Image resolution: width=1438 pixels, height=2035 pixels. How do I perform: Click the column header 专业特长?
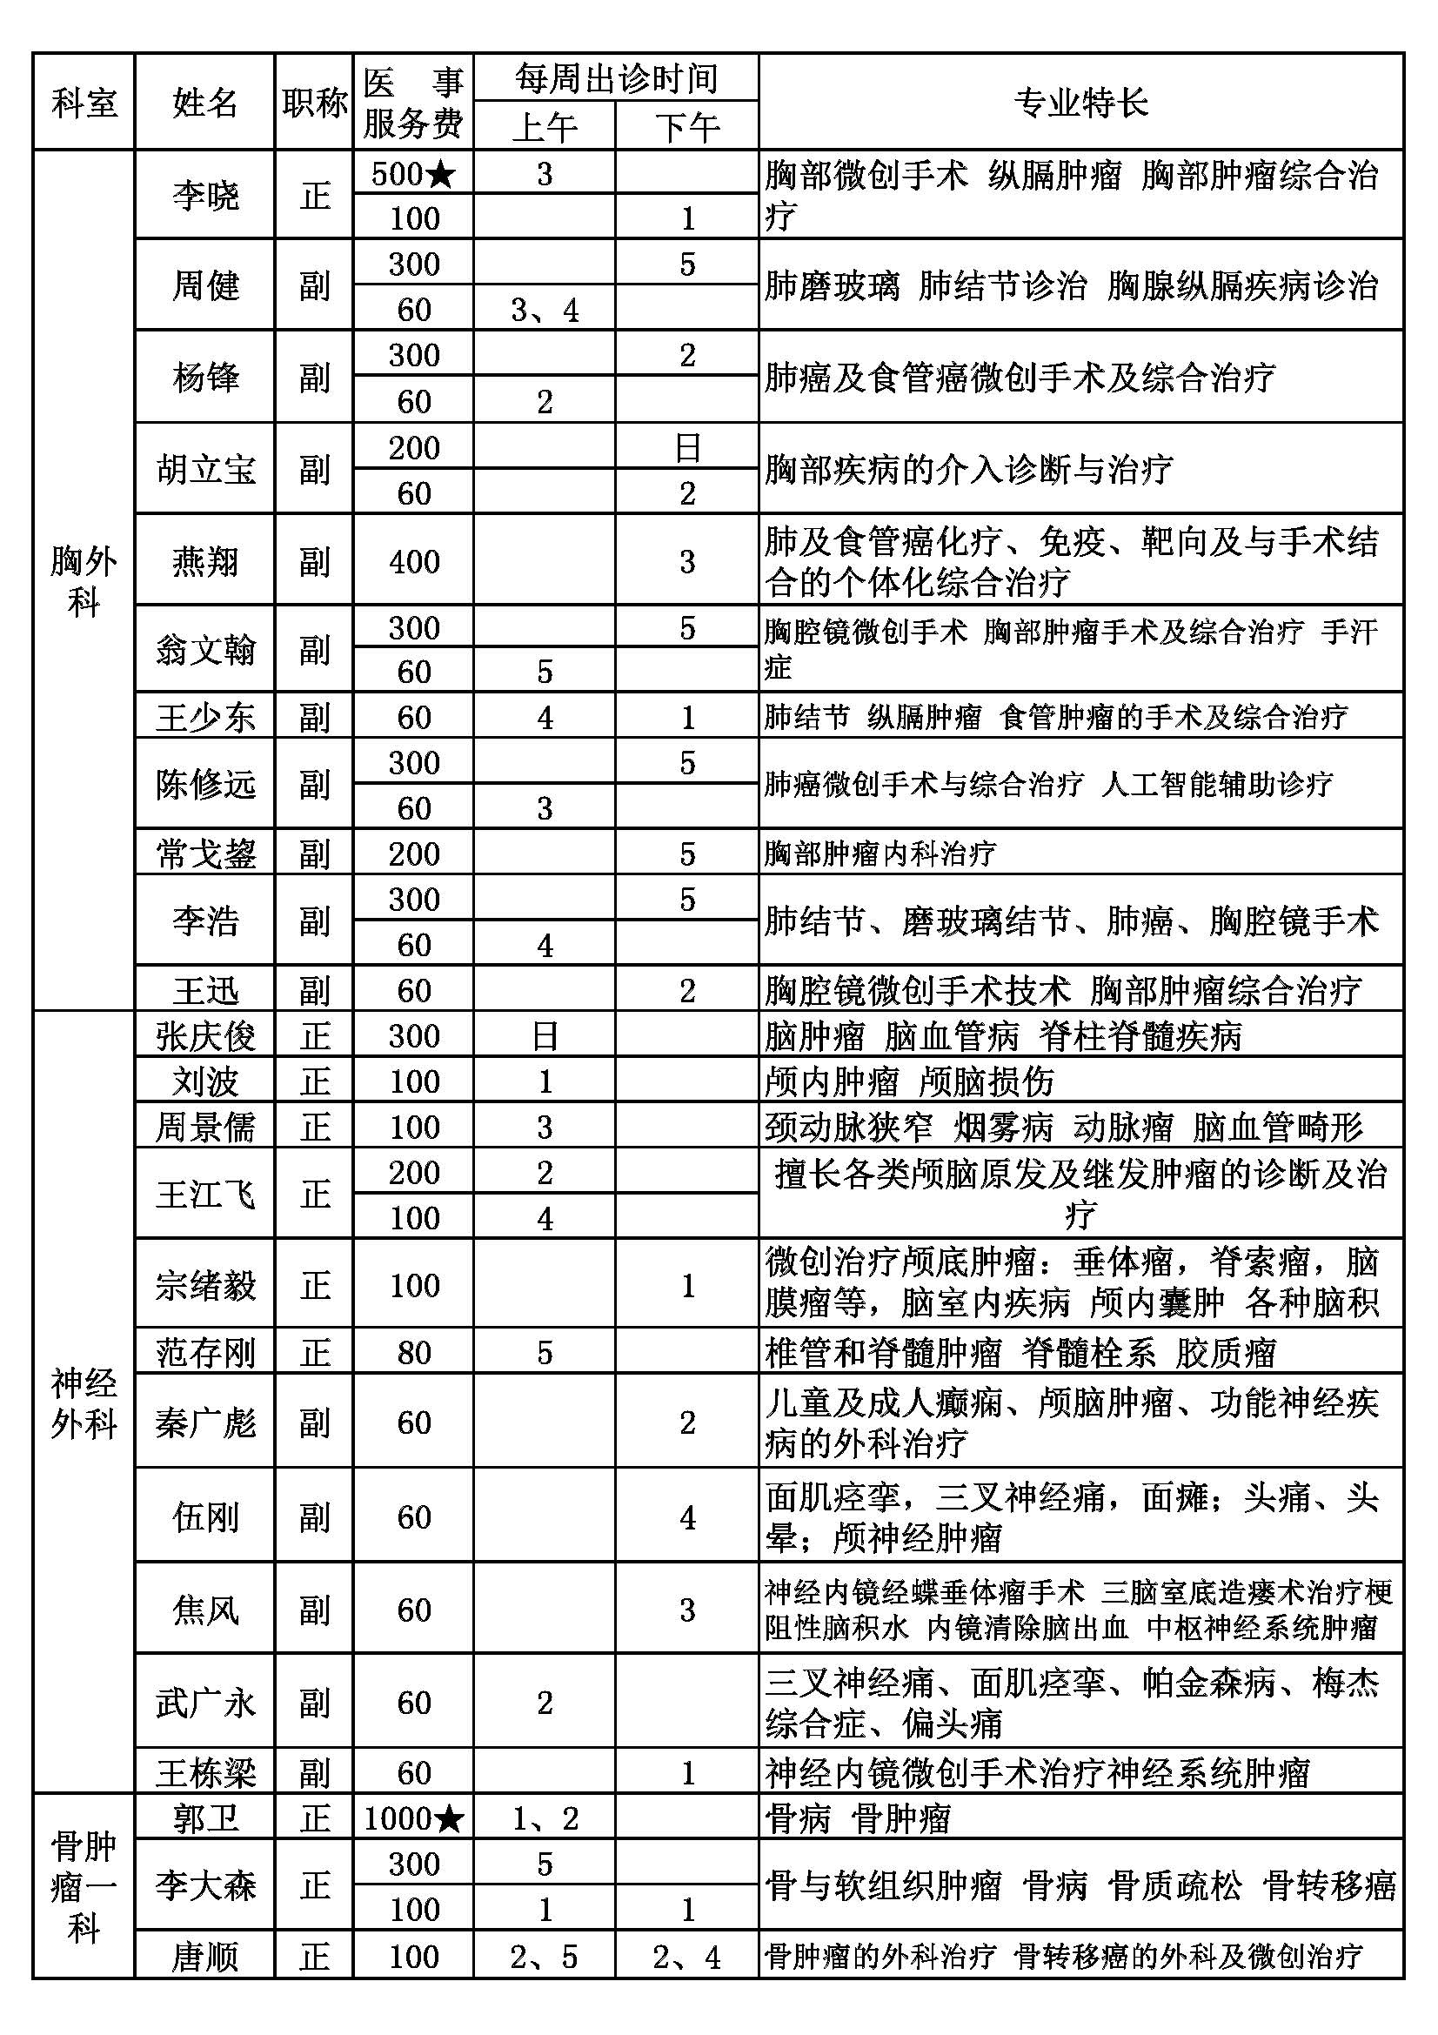[x=1080, y=103]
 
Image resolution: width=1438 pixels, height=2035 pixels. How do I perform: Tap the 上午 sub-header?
[x=544, y=127]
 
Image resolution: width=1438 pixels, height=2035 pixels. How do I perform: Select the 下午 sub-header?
[x=686, y=127]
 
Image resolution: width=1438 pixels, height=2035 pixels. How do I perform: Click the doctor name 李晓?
[x=204, y=195]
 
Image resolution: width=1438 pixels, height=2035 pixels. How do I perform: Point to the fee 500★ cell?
[x=413, y=174]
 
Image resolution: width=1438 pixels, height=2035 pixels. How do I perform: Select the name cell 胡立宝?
[x=204, y=469]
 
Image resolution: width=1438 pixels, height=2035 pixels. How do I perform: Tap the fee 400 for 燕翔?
[x=413, y=561]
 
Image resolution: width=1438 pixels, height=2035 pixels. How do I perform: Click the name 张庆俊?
[x=204, y=1035]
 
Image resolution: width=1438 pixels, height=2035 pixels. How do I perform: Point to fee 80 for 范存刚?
[x=413, y=1353]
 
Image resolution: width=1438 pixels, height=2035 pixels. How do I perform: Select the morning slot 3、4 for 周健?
[x=544, y=311]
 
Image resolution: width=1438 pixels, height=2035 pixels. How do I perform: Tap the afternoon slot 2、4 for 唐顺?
[x=686, y=1956]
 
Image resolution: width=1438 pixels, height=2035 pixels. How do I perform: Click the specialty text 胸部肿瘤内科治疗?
[x=880, y=853]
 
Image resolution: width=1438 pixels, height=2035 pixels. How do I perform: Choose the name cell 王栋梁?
[x=204, y=1771]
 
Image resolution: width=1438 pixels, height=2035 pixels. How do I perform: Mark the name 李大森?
[x=204, y=1885]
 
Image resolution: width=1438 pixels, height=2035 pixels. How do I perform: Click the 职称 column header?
[x=314, y=103]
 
